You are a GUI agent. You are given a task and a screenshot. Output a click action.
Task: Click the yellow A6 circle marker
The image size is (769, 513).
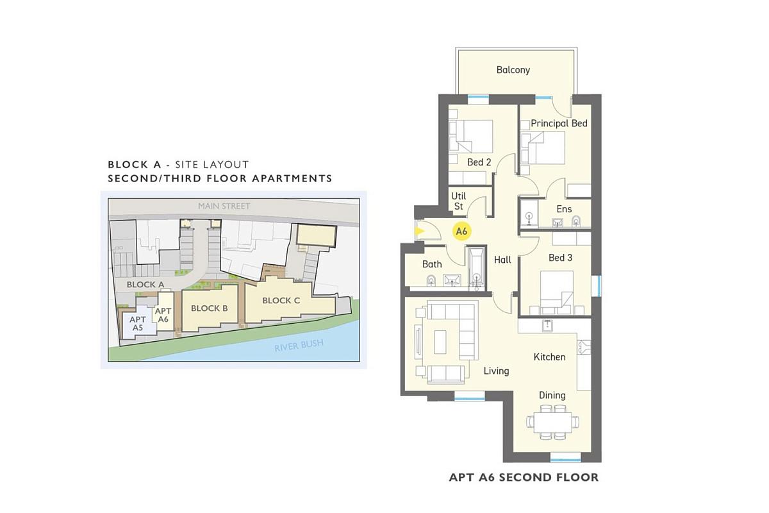click(x=461, y=231)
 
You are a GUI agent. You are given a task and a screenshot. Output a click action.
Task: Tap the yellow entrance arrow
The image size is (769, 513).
click(x=420, y=231)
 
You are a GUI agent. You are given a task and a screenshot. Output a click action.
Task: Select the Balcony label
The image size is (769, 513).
click(x=513, y=70)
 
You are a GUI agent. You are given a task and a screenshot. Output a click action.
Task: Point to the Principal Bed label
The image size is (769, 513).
click(x=559, y=123)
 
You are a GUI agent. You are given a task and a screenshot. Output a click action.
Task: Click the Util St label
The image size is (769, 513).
click(x=458, y=201)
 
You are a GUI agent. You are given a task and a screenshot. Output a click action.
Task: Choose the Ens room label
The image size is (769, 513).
click(x=564, y=209)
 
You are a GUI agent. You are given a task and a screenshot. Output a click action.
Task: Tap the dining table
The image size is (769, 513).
click(x=552, y=423)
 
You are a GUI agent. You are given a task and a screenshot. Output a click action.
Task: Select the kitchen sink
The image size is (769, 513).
click(x=547, y=325)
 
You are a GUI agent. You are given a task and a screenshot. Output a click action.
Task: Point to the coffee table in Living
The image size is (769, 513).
click(x=440, y=342)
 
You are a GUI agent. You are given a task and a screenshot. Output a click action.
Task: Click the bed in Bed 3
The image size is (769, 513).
click(x=556, y=293)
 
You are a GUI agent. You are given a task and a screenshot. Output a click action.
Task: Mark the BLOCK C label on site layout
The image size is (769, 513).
click(x=281, y=301)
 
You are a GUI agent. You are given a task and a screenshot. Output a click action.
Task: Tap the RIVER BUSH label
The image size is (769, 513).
click(x=299, y=345)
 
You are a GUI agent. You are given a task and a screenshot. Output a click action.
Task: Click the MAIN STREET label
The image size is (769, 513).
click(x=224, y=206)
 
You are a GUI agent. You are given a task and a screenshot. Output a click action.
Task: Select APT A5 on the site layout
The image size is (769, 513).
click(x=138, y=324)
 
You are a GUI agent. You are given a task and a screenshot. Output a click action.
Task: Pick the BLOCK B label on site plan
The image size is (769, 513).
click(x=210, y=308)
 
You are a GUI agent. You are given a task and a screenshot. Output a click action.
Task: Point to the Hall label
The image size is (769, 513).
click(x=502, y=260)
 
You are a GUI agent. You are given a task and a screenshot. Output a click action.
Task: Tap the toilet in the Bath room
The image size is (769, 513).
click(x=431, y=281)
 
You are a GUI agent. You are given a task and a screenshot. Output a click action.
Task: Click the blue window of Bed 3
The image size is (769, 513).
click(x=599, y=285)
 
